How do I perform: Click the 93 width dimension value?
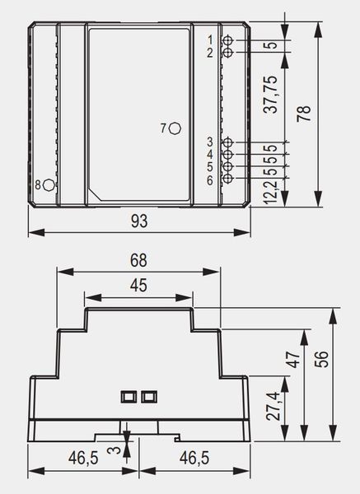(139, 221)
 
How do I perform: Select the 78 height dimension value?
(304, 114)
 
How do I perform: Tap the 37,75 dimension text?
(271, 94)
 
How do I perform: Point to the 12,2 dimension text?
(271, 192)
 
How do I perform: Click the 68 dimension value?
(138, 260)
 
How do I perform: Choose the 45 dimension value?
(138, 286)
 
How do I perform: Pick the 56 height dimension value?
(321, 359)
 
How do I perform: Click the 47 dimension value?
(295, 360)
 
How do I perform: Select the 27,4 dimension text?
(273, 407)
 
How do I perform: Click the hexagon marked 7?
(175, 128)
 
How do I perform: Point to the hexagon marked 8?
(49, 185)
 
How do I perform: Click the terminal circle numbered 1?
(228, 40)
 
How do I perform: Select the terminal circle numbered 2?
(228, 53)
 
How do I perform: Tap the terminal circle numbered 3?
(228, 142)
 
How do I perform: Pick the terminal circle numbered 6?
(228, 179)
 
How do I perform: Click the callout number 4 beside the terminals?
(210, 155)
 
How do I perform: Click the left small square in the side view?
(129, 396)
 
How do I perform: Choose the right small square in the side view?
(149, 396)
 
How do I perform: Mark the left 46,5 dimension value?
(83, 458)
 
